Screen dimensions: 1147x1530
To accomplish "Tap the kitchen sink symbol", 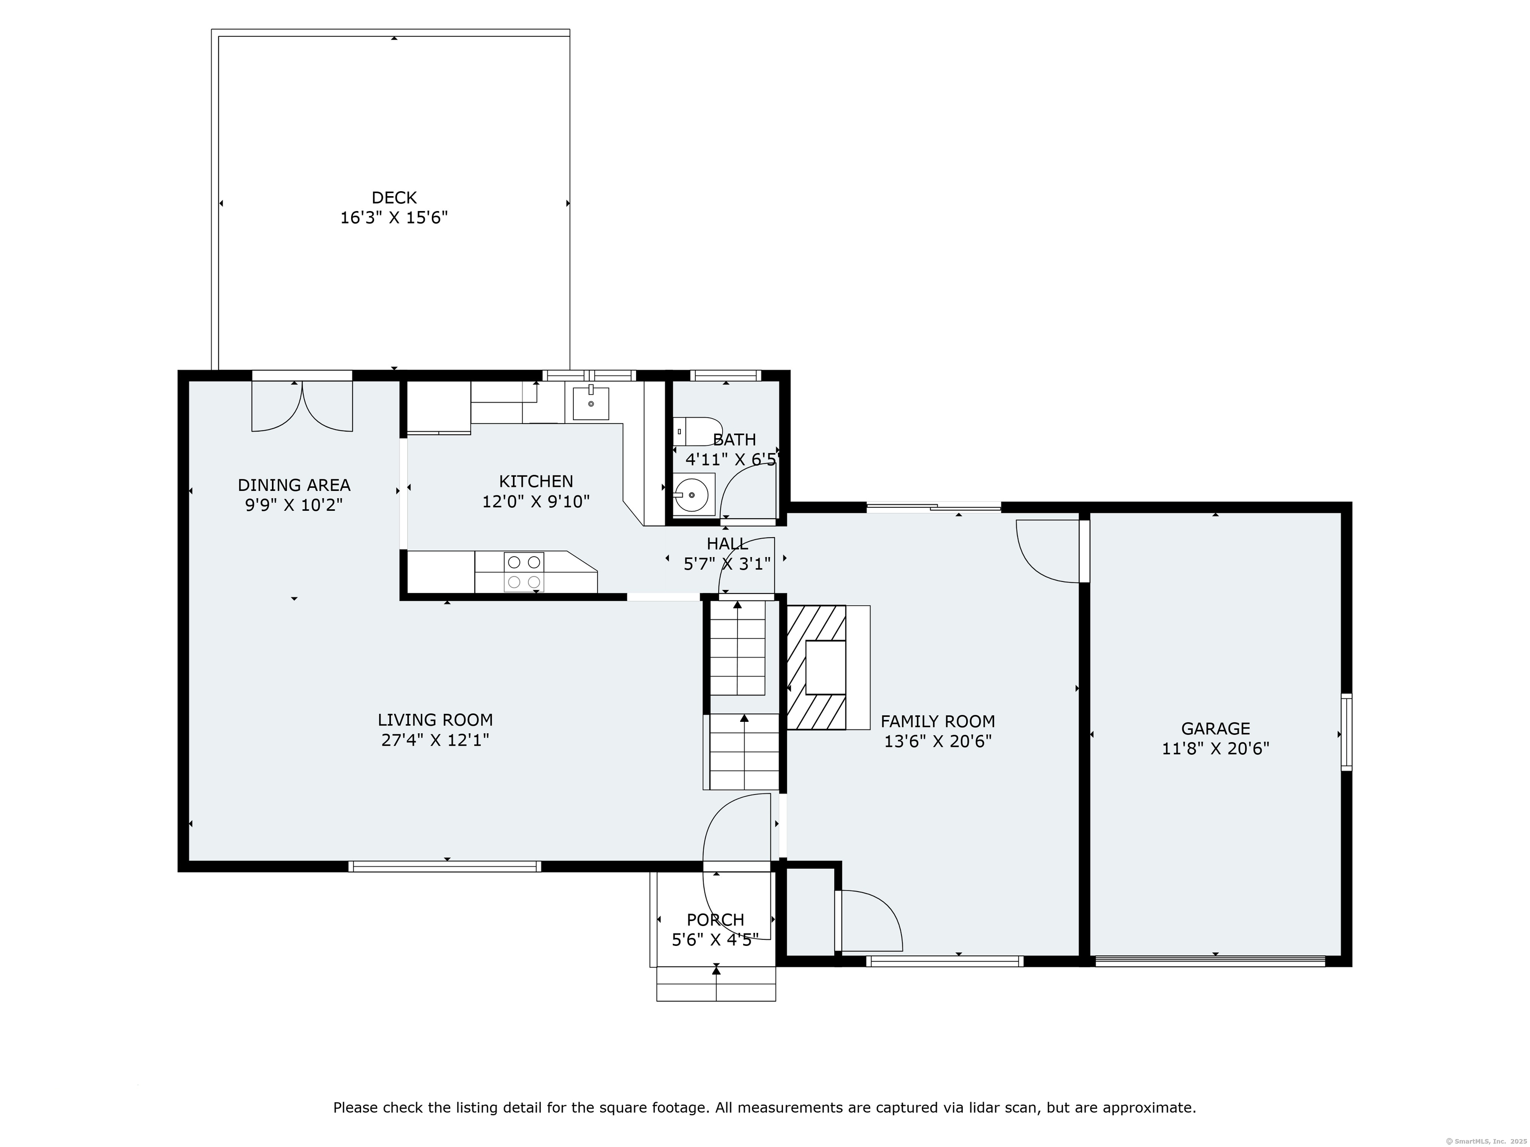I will tap(591, 404).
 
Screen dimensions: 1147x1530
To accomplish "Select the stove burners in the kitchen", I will tap(523, 572).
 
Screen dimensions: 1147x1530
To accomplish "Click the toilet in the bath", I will tap(697, 431).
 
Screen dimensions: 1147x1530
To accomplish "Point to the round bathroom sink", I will tap(692, 495).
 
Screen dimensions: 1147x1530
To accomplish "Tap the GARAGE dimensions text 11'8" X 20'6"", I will tap(1215, 748).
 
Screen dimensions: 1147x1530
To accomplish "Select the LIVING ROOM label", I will tap(435, 720).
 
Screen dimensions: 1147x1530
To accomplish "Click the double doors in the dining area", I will tap(302, 407).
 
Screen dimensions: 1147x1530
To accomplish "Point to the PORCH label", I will tap(715, 919).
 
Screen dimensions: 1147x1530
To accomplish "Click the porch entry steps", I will tap(716, 983).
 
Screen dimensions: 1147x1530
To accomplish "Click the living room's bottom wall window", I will tap(445, 866).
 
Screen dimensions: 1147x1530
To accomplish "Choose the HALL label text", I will tap(727, 544).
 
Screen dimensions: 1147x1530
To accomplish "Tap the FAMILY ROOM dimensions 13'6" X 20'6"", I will tap(938, 741).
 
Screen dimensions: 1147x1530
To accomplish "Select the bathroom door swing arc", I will tap(747, 489).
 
